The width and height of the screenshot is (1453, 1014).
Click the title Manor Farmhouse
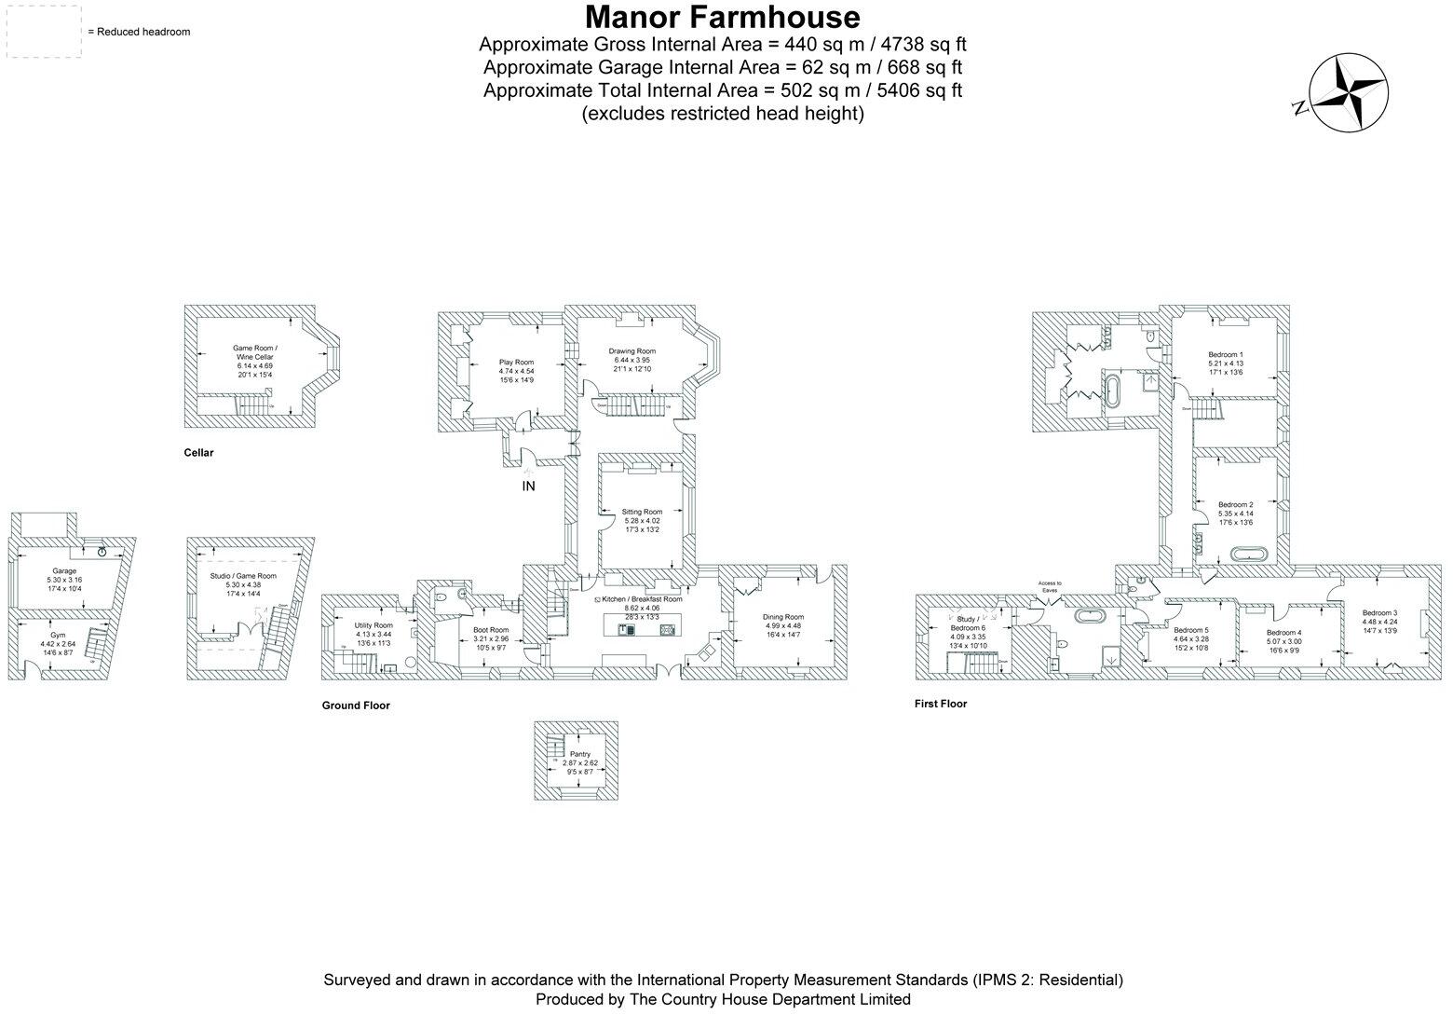722,18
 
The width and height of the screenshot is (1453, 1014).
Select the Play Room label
516,362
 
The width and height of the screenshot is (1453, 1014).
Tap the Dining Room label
782,617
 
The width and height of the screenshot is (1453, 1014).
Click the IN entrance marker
528,486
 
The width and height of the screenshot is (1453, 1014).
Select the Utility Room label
373,625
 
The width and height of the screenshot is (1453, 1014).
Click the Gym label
58,635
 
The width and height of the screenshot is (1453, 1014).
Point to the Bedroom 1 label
1225,355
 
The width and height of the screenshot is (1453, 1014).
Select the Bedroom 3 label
1378,612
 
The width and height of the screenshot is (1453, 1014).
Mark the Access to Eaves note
1051,586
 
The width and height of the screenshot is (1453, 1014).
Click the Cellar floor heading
198,453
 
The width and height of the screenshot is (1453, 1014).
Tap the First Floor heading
940,704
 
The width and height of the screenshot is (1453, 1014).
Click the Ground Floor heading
356,706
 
